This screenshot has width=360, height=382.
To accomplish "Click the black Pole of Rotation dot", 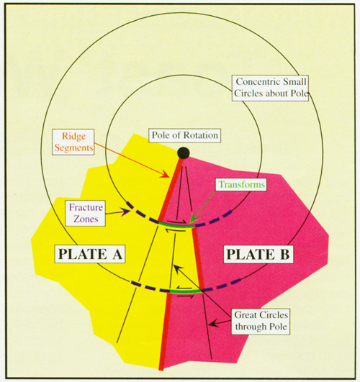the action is click(x=184, y=153).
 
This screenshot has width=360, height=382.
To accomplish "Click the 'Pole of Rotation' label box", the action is click(x=185, y=135).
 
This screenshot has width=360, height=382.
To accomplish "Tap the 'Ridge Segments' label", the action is click(x=73, y=142).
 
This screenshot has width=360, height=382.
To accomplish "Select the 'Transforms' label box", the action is click(x=241, y=184).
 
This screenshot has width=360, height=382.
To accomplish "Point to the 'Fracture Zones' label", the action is click(x=86, y=213).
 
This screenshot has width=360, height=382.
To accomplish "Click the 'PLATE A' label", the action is click(x=90, y=254).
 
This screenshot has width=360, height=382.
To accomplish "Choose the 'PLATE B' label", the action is click(x=258, y=255).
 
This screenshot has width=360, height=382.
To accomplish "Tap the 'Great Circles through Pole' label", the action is click(x=261, y=321).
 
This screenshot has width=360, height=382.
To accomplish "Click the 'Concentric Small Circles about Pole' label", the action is click(x=270, y=88).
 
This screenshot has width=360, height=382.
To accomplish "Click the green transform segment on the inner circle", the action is click(x=176, y=225).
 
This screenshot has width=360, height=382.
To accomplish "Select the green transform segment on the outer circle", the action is click(x=186, y=291).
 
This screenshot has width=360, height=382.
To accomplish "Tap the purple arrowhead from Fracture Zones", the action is click(x=126, y=212).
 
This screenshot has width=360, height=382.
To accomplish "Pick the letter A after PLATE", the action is click(x=117, y=254).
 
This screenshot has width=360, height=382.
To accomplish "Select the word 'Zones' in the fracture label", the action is click(x=86, y=219).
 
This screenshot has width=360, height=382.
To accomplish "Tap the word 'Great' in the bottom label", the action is click(x=245, y=315).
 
